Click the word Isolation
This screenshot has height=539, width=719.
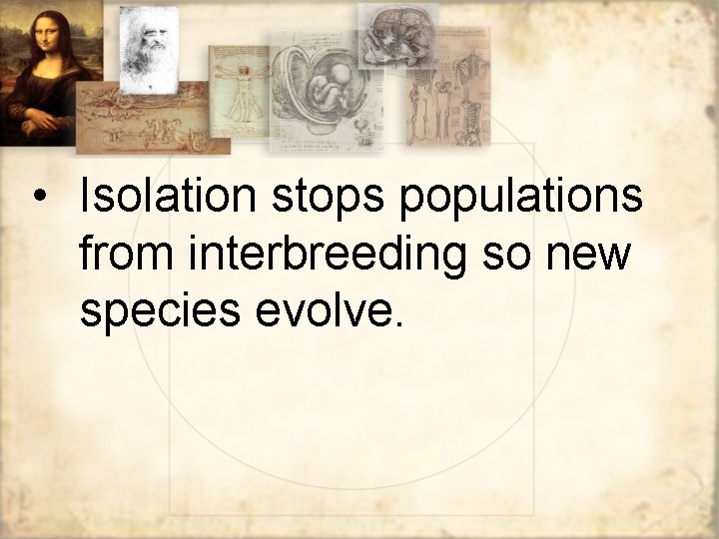click(167, 197)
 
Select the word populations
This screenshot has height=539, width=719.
click(520, 197)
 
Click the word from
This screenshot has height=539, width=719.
click(124, 254)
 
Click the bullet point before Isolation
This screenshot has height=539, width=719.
click(38, 197)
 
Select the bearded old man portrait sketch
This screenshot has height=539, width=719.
click(148, 45)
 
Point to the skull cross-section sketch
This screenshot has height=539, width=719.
click(396, 35)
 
